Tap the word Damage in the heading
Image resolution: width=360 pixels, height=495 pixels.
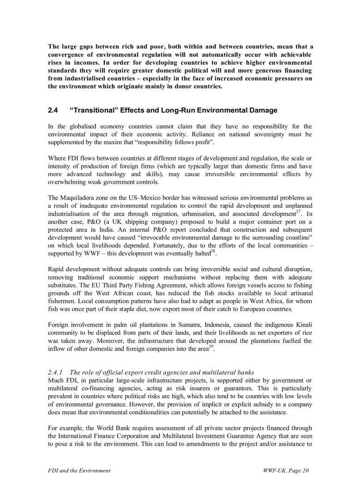click(262, 110)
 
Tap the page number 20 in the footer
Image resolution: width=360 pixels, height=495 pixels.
click(305, 470)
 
